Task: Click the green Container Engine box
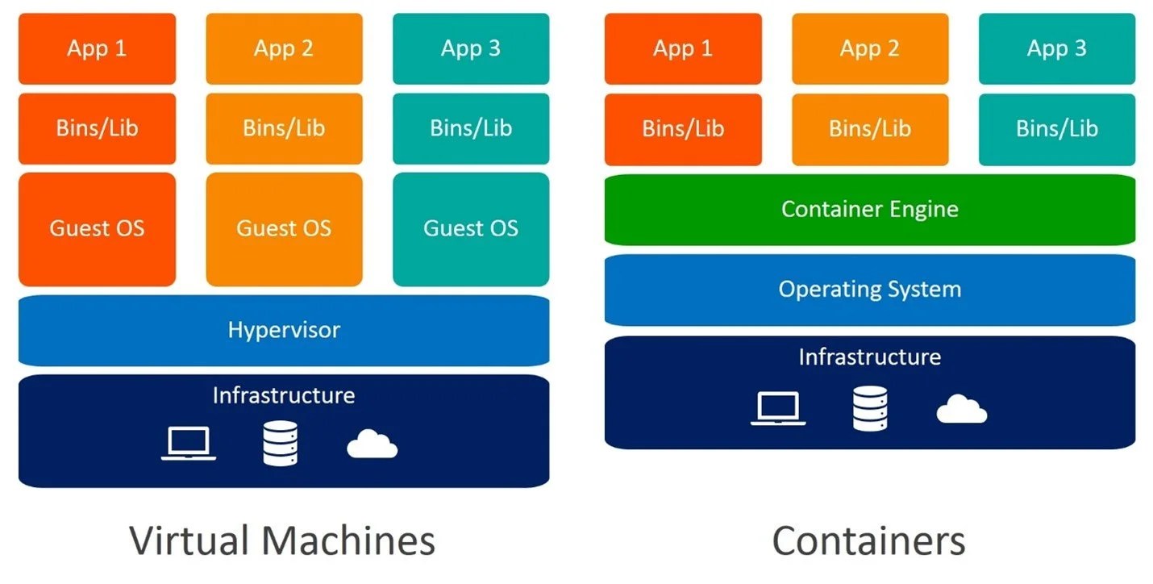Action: click(869, 209)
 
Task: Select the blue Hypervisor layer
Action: click(283, 330)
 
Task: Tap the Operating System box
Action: click(869, 290)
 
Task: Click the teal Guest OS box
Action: click(471, 229)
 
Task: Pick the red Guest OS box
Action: click(97, 229)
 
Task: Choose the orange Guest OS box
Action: click(284, 229)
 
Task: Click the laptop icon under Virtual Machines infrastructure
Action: click(188, 444)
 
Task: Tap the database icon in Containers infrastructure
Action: click(870, 408)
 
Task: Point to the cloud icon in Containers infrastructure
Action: click(961, 410)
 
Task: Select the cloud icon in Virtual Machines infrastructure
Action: click(372, 444)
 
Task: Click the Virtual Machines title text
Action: click(282, 540)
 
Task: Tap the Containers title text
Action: click(868, 540)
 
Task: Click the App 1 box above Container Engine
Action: click(682, 48)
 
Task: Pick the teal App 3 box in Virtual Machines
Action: click(471, 48)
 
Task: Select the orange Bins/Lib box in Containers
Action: click(869, 129)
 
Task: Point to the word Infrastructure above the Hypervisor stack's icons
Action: click(283, 395)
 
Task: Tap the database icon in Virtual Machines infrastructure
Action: click(281, 444)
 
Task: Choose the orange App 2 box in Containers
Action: click(869, 48)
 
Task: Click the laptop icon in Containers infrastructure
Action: click(778, 409)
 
